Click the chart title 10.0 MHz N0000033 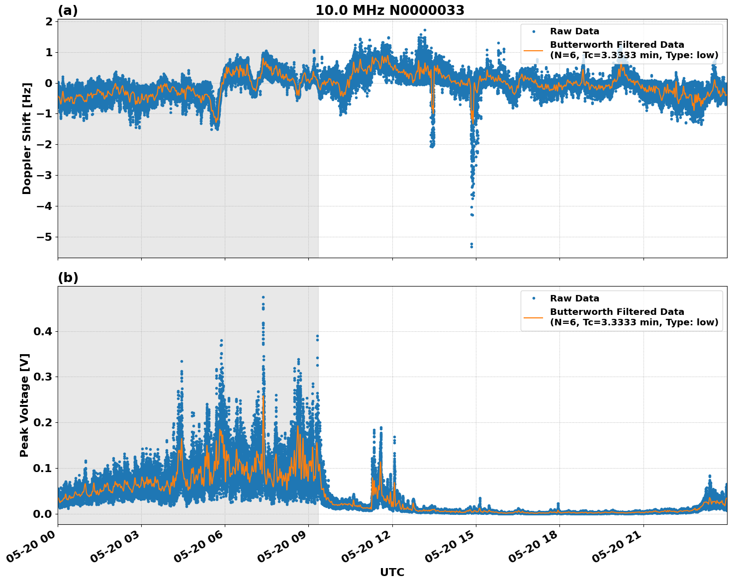[x=390, y=10]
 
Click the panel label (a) [x=68, y=10]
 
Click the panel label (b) [x=68, y=278]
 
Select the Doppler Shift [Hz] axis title [x=27, y=138]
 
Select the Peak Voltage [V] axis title [x=24, y=405]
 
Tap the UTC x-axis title [x=392, y=572]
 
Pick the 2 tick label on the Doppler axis [x=48, y=21]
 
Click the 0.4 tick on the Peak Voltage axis [x=42, y=331]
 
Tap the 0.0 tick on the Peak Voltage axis [x=42, y=514]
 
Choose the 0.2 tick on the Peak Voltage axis [x=42, y=422]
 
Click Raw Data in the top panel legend [x=574, y=32]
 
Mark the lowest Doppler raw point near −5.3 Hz [x=471, y=246]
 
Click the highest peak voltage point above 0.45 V [x=263, y=297]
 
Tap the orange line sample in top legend [x=534, y=50]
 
